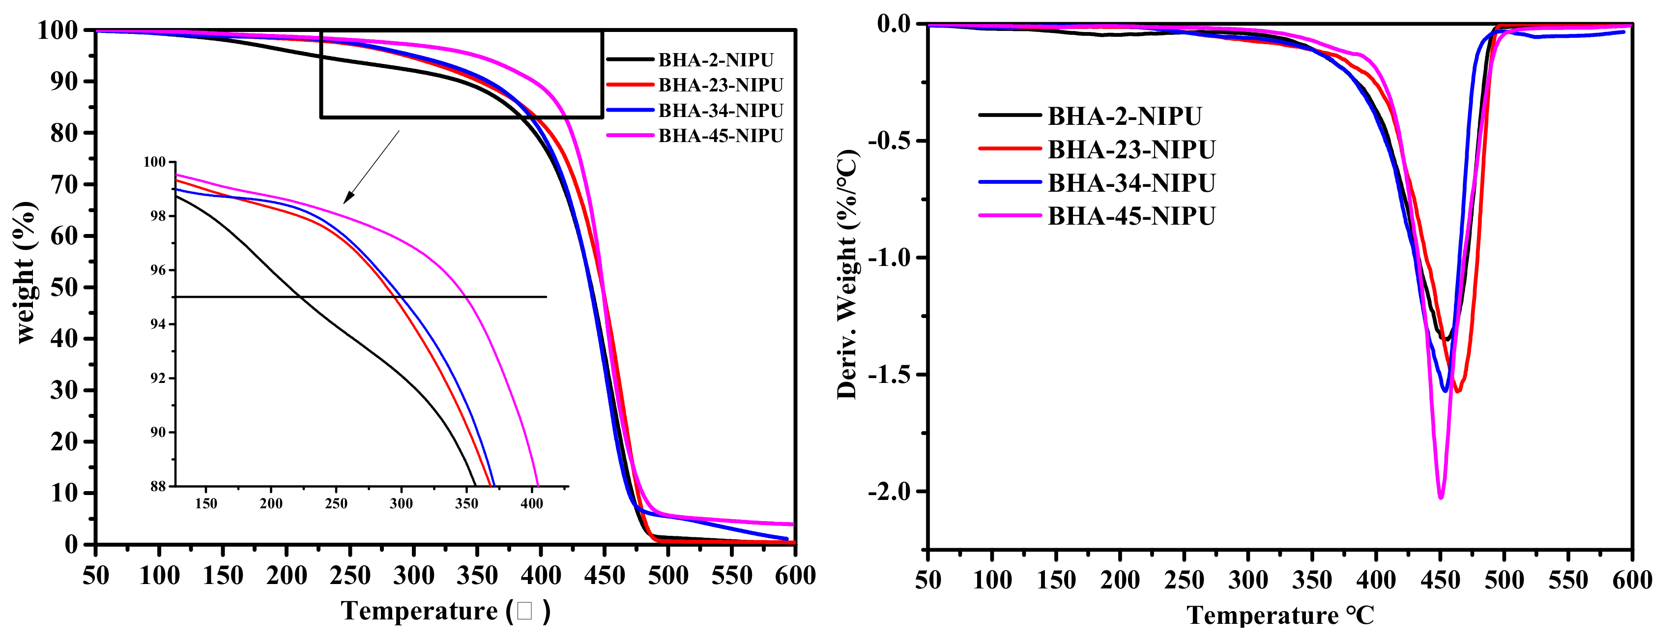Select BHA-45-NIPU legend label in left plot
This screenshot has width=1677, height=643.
coord(720,136)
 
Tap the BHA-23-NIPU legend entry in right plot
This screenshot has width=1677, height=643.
coord(1131,149)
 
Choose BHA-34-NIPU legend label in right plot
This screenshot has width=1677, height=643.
coord(1131,183)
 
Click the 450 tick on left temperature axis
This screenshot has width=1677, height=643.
coord(604,575)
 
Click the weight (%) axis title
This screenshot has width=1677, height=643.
coord(25,272)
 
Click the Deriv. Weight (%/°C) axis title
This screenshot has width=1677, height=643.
coord(848,273)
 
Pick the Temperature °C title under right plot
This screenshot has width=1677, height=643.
coord(1280,615)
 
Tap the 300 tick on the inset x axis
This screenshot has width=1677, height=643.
coord(401,503)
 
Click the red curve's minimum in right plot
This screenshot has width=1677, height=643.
coord(1458,391)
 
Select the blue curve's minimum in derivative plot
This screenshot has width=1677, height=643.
coord(1445,390)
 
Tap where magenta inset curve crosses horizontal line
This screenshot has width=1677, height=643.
coord(466,297)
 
